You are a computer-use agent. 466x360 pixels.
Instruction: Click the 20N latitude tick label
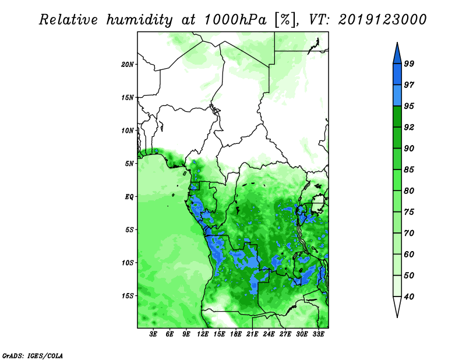pyautogui.click(x=128, y=65)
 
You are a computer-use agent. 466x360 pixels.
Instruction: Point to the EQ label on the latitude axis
pyautogui.click(x=129, y=197)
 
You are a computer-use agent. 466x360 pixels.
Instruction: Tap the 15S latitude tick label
pyautogui.click(x=128, y=296)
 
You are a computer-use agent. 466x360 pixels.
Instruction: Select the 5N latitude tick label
pyautogui.click(x=129, y=164)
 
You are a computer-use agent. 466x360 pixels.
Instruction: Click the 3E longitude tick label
pyautogui.click(x=153, y=334)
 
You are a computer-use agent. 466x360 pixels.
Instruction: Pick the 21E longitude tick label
pyautogui.click(x=252, y=334)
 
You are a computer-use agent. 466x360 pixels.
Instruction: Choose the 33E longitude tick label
pyautogui.click(x=318, y=334)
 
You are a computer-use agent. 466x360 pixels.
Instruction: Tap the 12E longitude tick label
pyautogui.click(x=203, y=334)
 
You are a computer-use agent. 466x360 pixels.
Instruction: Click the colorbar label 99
pyautogui.click(x=409, y=64)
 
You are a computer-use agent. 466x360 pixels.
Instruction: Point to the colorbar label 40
pyautogui.click(x=409, y=297)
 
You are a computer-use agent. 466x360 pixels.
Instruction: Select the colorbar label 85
pyautogui.click(x=409, y=170)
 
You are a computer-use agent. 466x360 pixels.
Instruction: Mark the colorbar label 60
pyautogui.click(x=409, y=255)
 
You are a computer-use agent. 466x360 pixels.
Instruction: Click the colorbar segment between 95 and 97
pyautogui.click(x=397, y=96)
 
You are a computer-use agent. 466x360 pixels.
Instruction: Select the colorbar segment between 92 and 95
pyautogui.click(x=397, y=117)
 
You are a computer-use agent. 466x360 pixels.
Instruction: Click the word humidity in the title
pyautogui.click(x=139, y=20)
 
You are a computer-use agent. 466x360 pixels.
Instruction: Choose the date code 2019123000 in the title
pyautogui.click(x=382, y=19)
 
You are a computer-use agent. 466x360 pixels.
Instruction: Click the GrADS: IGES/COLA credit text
pyautogui.click(x=33, y=355)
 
